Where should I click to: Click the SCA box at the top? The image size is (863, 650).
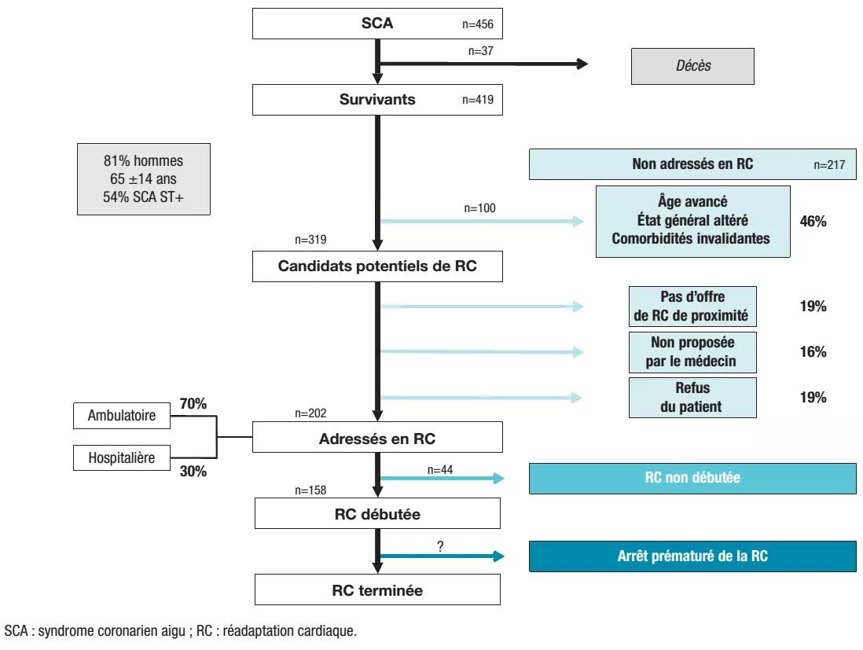376,24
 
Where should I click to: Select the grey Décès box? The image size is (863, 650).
692,66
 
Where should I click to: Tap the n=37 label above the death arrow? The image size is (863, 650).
479,51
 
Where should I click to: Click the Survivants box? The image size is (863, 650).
376,100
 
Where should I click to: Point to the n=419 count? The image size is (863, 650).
477,101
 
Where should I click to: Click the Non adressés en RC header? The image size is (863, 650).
692,165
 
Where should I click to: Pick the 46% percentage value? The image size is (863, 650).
813,222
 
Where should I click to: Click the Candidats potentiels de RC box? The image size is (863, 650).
376,266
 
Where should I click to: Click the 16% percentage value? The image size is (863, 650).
813,352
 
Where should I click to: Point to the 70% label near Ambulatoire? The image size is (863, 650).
193,404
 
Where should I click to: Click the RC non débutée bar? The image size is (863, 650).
692,478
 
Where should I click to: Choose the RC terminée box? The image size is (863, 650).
376,590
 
